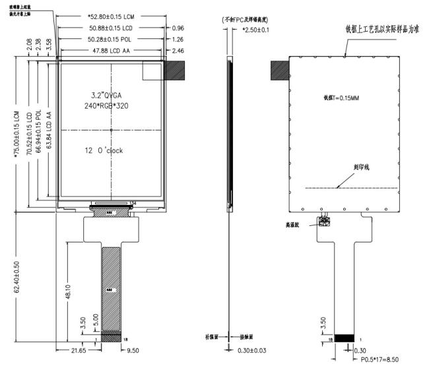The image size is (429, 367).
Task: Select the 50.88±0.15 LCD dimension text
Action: pos(111,29)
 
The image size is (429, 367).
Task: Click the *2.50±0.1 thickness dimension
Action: pos(255,31)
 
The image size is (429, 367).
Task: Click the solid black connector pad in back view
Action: pos(345,338)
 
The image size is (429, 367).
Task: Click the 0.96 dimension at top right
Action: pos(178,29)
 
